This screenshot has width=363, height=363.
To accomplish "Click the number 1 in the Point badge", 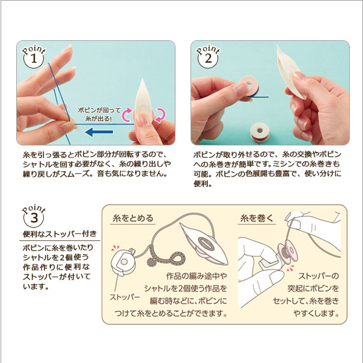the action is [34, 59].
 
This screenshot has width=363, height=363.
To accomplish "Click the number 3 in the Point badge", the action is [34, 218].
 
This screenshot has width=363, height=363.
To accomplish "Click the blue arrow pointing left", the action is [99, 132].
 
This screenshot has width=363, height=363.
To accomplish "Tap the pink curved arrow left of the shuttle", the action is [126, 114].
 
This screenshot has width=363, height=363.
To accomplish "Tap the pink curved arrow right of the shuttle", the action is [160, 115].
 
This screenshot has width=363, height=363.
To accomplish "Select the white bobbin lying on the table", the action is [260, 132].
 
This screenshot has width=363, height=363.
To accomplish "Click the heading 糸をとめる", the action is [133, 218].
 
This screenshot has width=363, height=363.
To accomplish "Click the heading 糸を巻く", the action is [257, 218].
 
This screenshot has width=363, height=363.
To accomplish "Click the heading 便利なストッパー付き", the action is [59, 234].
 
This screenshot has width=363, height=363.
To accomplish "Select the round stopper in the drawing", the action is [123, 261].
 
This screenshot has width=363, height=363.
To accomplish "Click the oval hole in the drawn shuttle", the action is [207, 244].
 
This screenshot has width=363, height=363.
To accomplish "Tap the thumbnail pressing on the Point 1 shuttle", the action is [142, 118].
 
